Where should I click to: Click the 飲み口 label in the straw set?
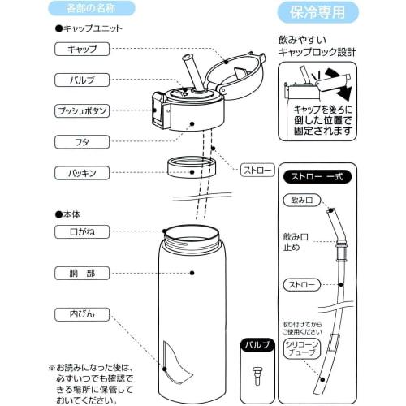[296, 200]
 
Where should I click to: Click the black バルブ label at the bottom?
[257, 345]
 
